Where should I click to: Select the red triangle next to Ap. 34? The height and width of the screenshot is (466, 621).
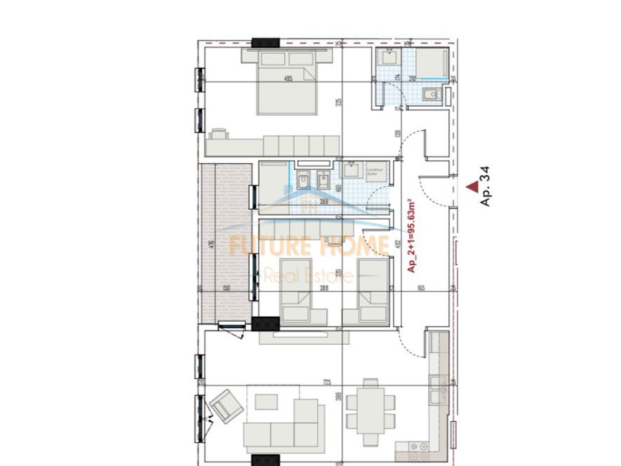[x=471, y=189]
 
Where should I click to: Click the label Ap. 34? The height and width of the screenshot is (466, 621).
[x=484, y=187]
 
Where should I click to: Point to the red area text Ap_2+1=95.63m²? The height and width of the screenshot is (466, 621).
[x=411, y=235]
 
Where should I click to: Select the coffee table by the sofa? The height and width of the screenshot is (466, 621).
[x=266, y=401]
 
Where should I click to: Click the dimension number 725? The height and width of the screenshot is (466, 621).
[x=327, y=382]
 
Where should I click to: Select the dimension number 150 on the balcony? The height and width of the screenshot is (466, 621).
[x=226, y=288]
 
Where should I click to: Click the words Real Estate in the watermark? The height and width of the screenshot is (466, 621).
[x=308, y=277]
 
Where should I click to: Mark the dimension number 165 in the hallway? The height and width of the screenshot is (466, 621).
[x=421, y=288]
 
